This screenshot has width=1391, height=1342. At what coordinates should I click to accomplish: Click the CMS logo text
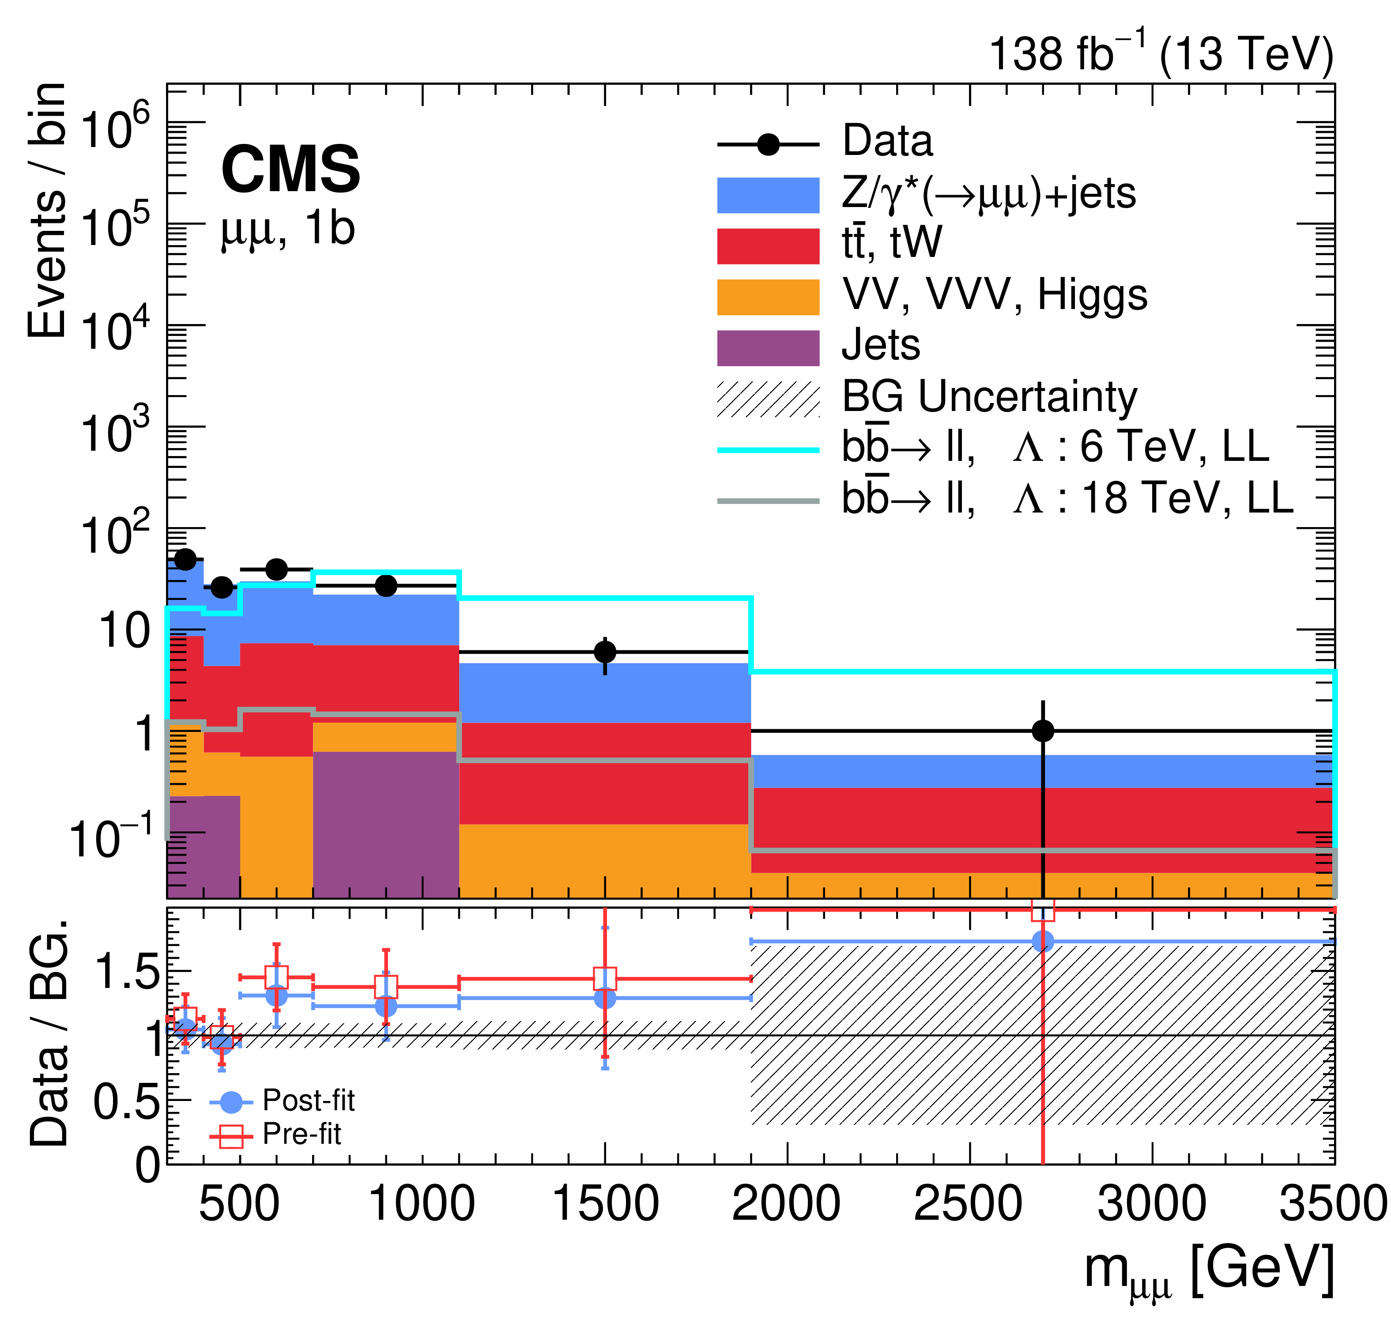click(x=290, y=169)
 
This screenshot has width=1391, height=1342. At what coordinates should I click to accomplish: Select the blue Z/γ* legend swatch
click(x=768, y=195)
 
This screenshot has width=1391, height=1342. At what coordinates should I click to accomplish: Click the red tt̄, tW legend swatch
click(x=768, y=245)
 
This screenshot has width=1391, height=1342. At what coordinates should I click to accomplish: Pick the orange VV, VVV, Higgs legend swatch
click(x=768, y=297)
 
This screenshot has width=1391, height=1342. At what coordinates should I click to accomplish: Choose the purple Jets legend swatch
click(x=768, y=348)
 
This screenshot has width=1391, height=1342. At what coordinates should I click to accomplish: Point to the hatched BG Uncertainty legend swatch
click(x=768, y=399)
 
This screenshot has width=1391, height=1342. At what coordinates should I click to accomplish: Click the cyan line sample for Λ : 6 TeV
click(x=768, y=450)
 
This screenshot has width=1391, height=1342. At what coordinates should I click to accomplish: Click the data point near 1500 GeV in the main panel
click(x=605, y=652)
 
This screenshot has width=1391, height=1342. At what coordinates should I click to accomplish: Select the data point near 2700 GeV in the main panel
click(x=1043, y=730)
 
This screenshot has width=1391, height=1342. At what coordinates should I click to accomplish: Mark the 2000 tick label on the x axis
click(x=786, y=1204)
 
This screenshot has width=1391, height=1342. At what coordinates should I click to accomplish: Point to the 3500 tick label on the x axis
click(x=1333, y=1204)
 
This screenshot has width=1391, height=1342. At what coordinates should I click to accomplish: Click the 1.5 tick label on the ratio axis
click(x=128, y=972)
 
